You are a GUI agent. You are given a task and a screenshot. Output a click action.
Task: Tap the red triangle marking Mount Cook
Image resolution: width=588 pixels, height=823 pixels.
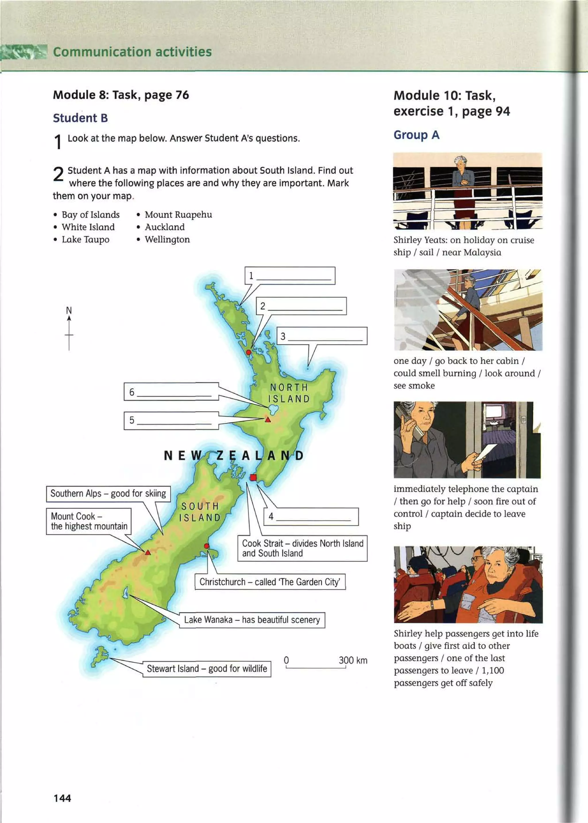[148, 552]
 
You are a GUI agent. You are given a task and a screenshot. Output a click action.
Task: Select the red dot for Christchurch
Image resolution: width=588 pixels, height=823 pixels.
[206, 546]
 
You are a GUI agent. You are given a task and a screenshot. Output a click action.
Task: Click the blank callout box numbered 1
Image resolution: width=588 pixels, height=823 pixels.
[290, 276]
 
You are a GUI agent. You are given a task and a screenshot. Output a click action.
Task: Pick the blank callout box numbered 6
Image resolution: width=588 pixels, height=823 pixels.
[171, 392]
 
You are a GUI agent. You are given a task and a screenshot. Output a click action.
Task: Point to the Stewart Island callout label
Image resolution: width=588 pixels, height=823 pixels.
[207, 669]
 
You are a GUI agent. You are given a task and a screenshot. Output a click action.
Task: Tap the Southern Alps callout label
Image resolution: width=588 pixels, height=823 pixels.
[108, 494]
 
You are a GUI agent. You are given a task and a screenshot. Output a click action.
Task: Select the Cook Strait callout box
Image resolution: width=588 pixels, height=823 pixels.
[302, 548]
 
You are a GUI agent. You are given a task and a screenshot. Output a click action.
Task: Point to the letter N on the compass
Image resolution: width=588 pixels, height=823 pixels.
[69, 310]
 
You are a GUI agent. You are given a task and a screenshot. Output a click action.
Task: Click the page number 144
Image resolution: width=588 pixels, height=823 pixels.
[62, 798]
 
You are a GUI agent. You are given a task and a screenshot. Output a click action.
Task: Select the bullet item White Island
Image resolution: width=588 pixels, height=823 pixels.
[88, 227]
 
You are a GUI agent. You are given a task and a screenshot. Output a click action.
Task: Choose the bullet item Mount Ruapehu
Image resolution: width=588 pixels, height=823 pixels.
[178, 215]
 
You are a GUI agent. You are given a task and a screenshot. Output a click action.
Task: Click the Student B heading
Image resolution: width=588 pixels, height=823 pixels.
[80, 118]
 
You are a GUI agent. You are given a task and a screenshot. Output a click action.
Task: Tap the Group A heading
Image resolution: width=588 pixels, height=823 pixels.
[416, 135]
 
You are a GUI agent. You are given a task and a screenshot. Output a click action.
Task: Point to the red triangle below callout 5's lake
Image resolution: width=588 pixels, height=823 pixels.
[268, 420]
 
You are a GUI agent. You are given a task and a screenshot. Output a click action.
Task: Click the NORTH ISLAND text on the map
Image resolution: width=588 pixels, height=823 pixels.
[289, 393]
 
